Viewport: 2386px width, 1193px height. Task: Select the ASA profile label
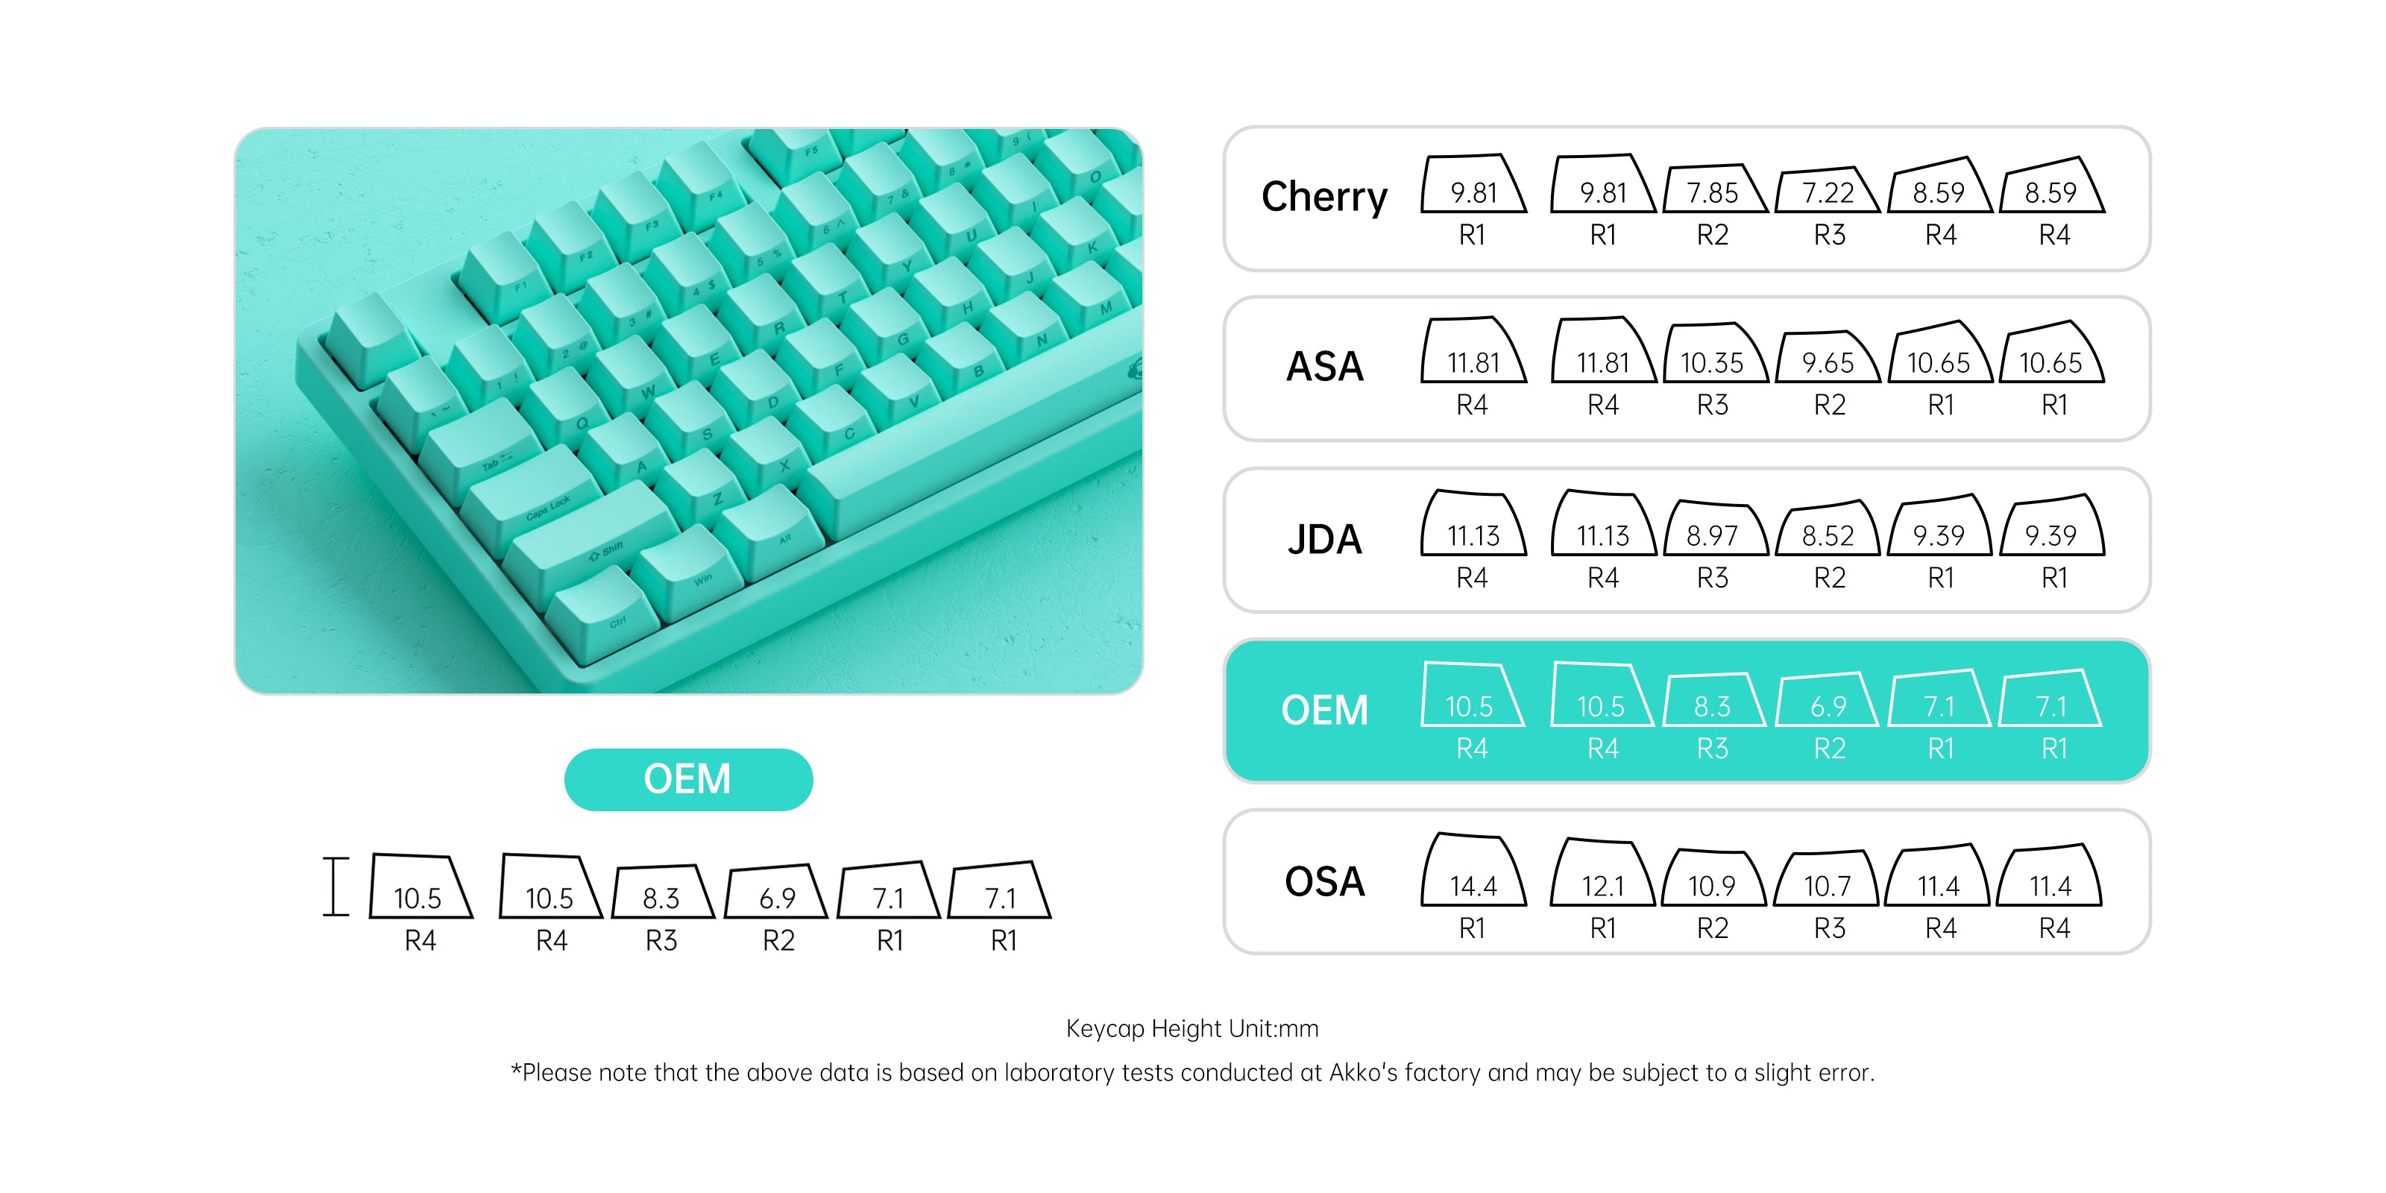point(1324,367)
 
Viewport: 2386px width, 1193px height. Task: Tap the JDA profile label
point(1324,539)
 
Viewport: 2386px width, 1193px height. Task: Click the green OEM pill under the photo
point(688,779)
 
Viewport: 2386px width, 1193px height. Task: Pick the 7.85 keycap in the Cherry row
point(1714,189)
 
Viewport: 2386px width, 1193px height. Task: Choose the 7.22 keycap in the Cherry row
point(1828,190)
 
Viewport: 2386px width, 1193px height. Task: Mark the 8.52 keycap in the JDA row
point(1828,530)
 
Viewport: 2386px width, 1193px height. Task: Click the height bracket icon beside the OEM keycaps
point(336,887)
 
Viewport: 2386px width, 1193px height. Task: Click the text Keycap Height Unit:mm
point(1192,1028)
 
